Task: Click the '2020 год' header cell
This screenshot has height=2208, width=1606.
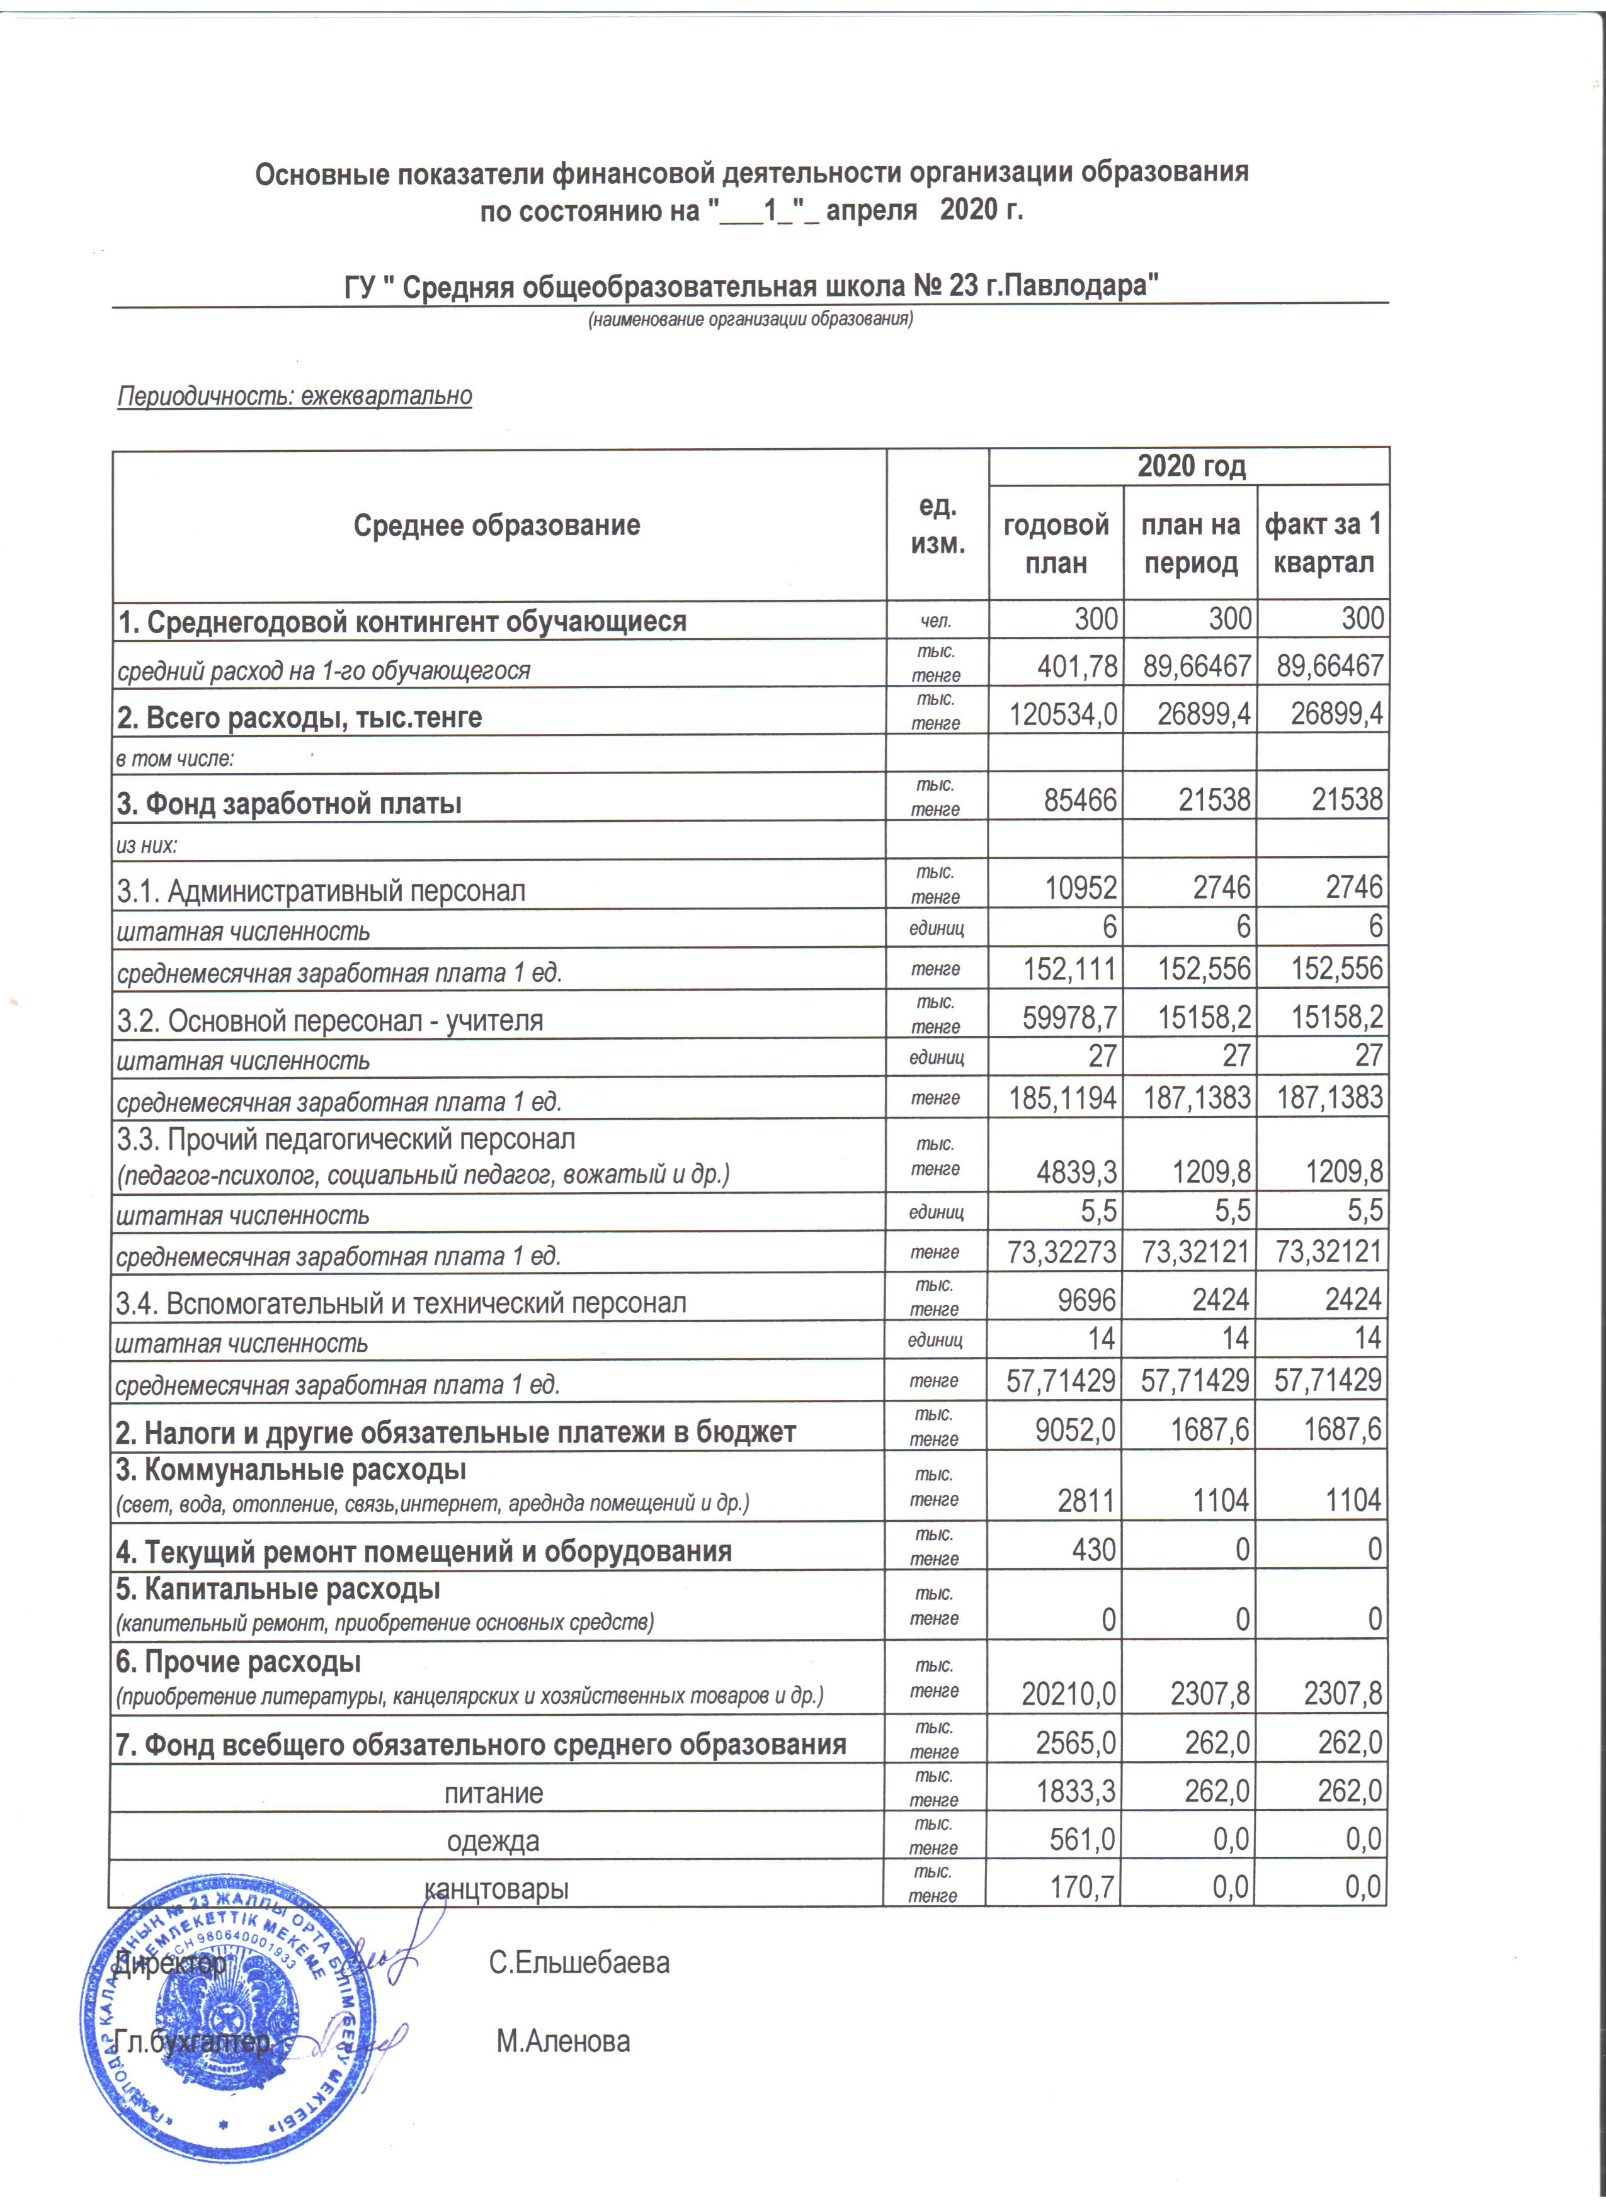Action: [1191, 466]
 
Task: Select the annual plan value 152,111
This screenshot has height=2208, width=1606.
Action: [1070, 969]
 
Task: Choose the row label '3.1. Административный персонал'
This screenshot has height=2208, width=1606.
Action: [321, 891]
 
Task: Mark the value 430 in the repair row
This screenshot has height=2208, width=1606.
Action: [1093, 1549]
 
